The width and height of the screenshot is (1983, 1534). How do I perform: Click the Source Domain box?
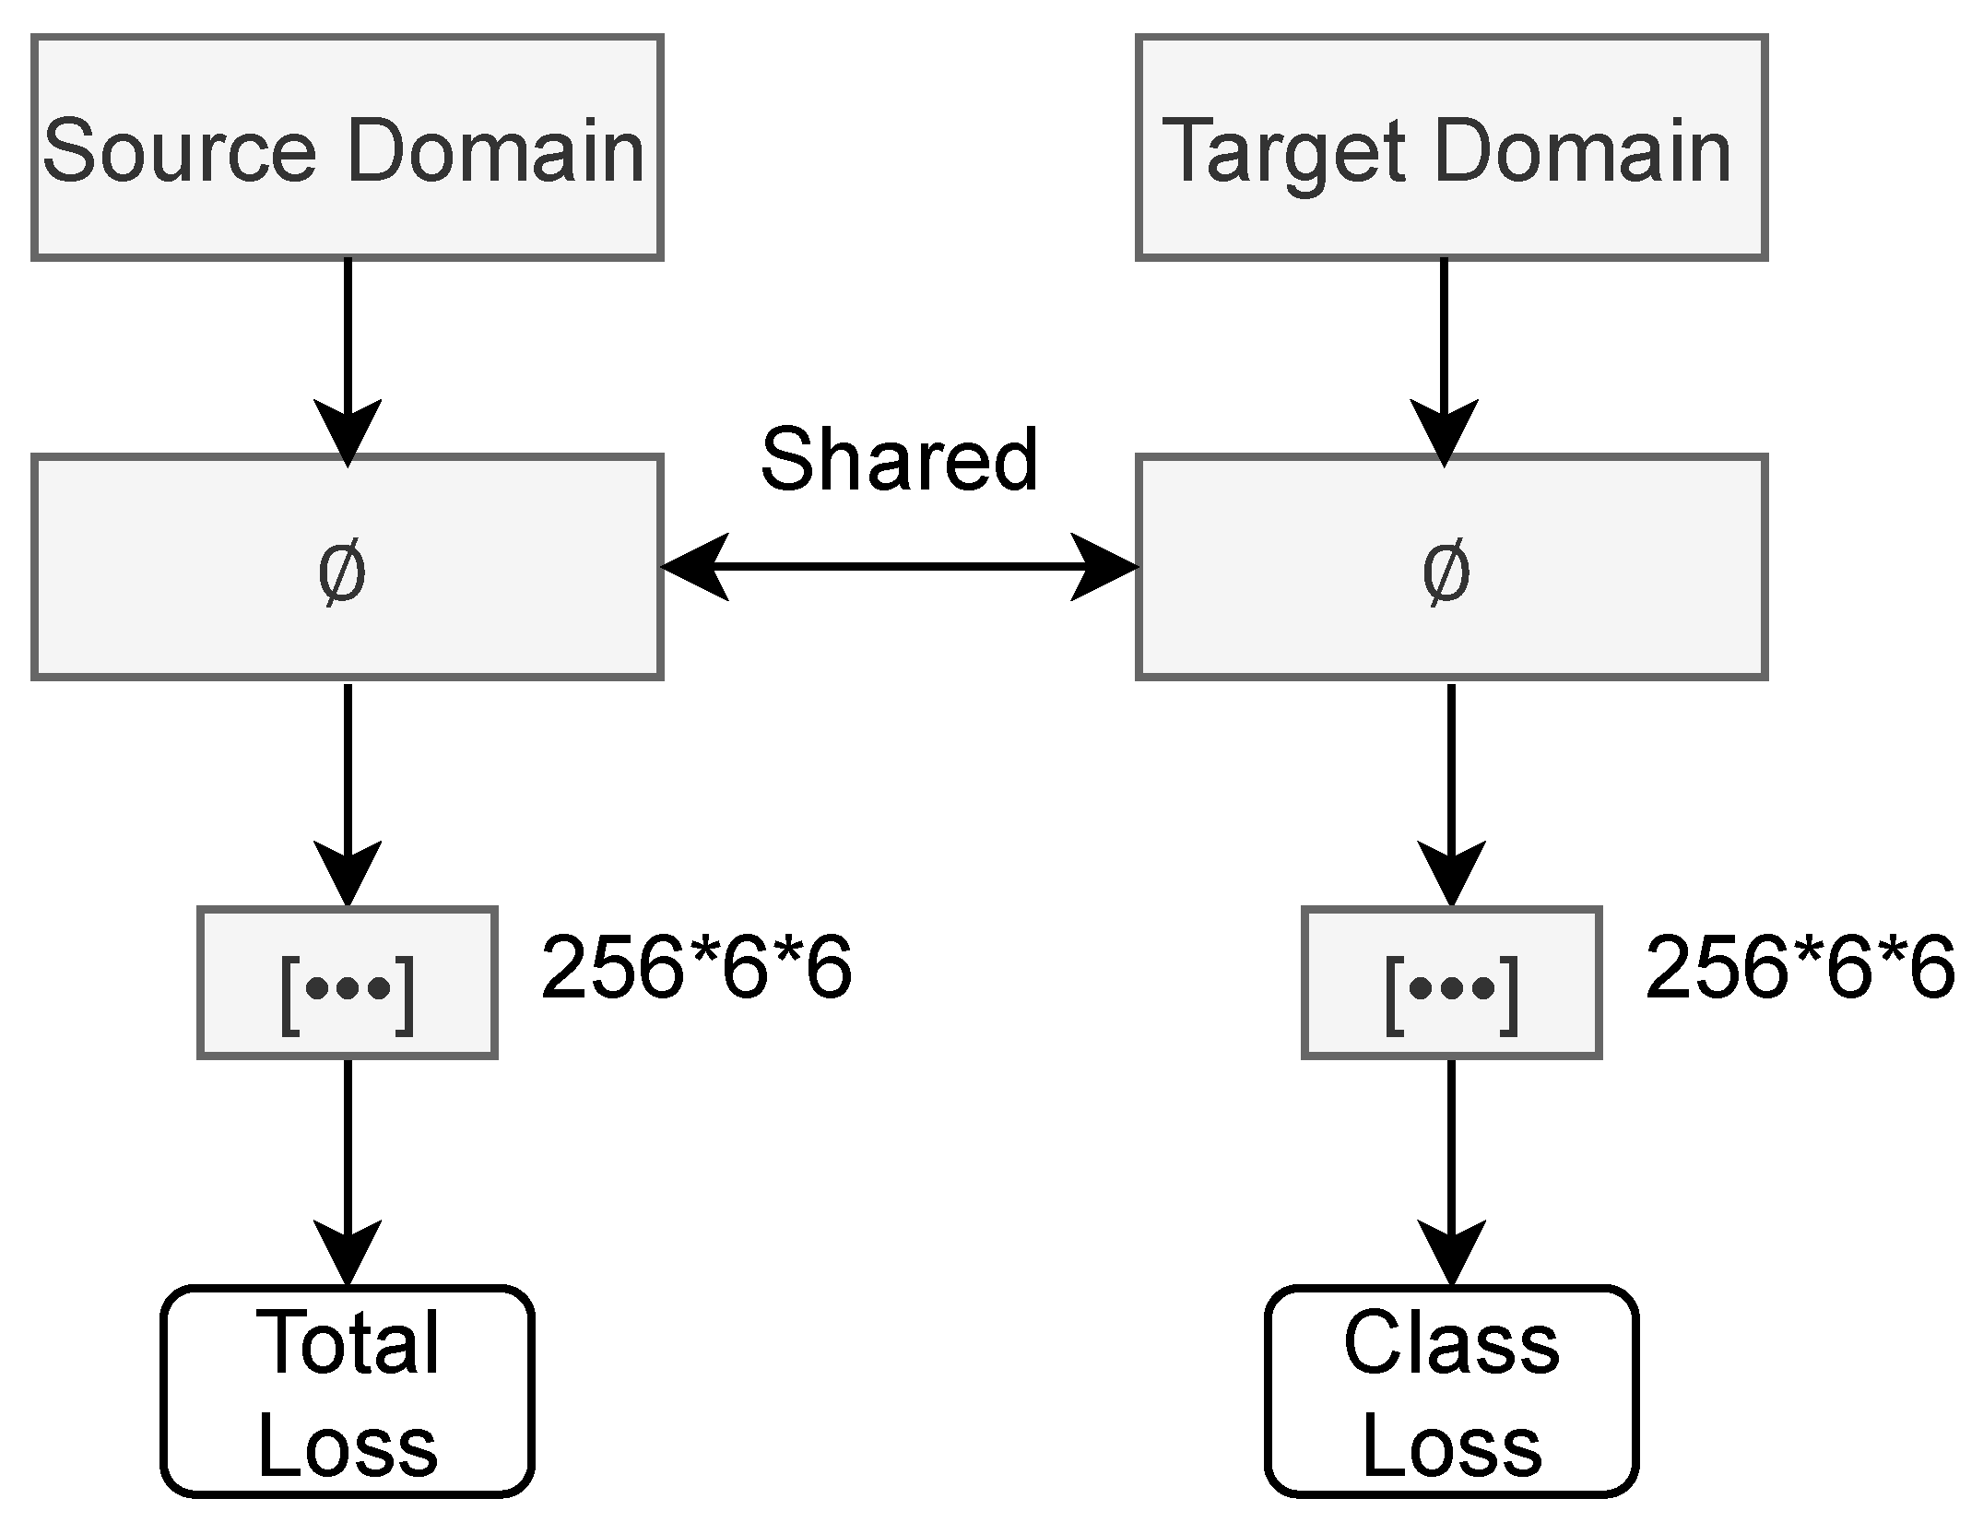(347, 147)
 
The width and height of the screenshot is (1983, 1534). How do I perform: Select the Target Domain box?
(1451, 147)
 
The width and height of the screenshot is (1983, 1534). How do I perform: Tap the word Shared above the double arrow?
(899, 459)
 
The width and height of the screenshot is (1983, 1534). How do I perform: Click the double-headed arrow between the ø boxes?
(899, 566)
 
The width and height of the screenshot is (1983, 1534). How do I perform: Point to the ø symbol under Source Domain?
(342, 572)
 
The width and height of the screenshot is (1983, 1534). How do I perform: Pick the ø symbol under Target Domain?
(1446, 572)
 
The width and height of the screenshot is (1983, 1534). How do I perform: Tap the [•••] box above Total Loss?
(347, 983)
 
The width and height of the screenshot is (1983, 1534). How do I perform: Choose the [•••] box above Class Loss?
(1451, 983)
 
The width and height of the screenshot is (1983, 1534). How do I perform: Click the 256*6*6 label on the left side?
(696, 968)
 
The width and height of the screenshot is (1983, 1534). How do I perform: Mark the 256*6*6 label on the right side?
(1800, 968)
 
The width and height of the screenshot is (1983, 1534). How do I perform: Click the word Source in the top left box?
(180, 149)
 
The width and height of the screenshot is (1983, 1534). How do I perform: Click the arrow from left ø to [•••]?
(347, 793)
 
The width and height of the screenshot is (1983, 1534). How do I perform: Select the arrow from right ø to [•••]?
(1451, 793)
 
